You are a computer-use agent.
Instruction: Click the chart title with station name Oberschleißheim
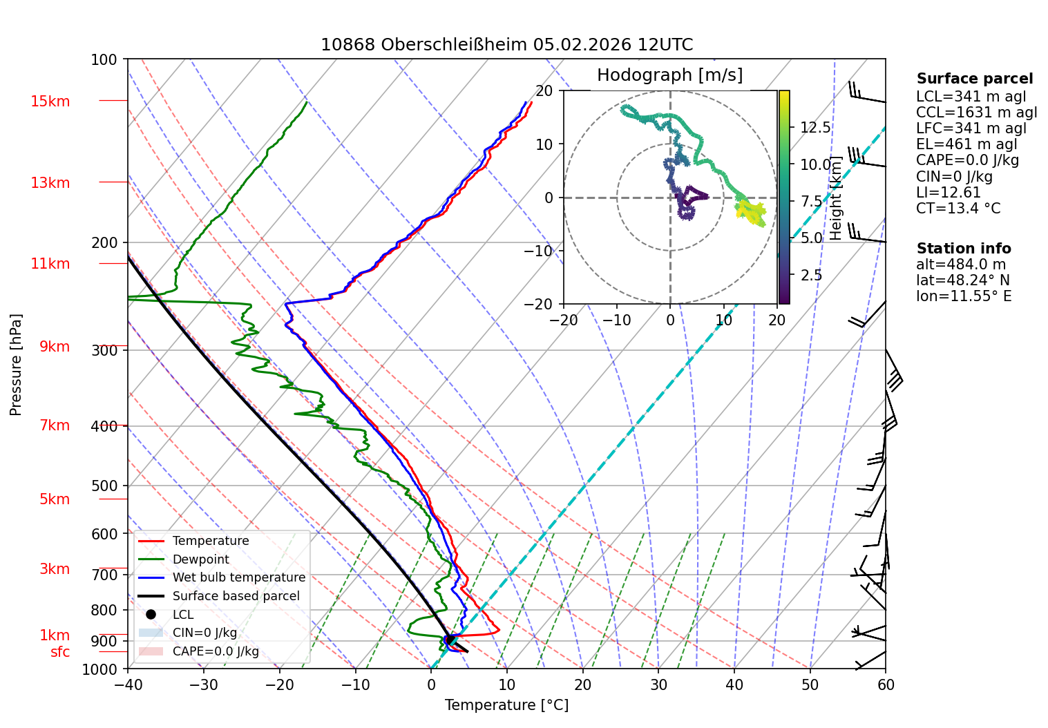point(506,45)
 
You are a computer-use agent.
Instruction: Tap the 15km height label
point(50,101)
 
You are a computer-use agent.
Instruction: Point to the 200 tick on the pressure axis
point(104,243)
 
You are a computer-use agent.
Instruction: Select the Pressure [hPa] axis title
point(15,365)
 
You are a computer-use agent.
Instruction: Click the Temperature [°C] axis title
point(506,705)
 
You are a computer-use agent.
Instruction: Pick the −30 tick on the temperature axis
point(204,685)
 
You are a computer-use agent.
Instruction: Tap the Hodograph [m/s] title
point(670,75)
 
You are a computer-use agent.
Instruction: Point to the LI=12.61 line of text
point(948,192)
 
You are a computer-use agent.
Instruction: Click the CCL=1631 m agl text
point(976,113)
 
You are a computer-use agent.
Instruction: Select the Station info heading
point(963,249)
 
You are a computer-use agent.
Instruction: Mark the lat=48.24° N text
point(963,280)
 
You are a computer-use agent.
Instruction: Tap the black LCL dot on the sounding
point(450,640)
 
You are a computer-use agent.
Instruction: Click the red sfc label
point(60,652)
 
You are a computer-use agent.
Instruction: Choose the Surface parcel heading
point(975,79)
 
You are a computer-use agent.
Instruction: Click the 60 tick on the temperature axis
point(886,685)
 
